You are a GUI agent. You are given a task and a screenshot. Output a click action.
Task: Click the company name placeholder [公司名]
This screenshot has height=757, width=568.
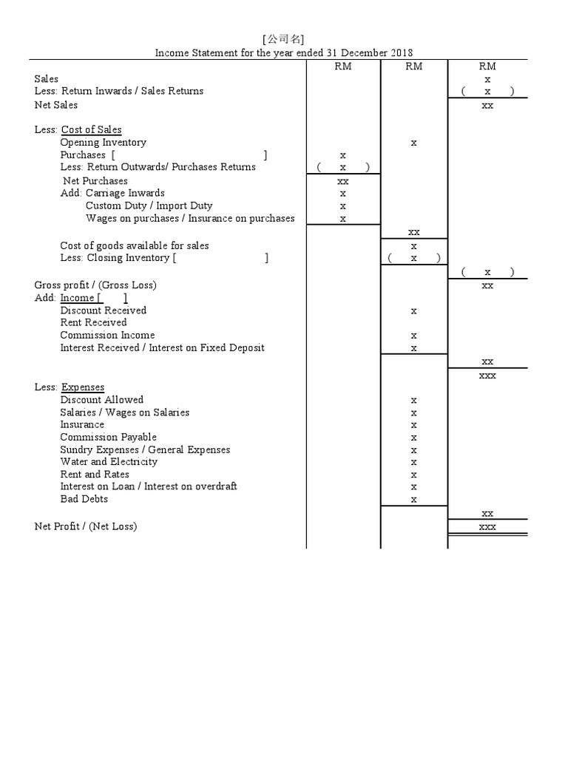[283, 39]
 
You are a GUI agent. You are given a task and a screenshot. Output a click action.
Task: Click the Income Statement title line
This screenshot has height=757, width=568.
[283, 52]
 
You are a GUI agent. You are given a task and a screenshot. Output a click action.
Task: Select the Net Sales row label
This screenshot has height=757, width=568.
[56, 105]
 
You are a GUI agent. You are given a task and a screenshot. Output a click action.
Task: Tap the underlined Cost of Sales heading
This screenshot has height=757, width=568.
[91, 129]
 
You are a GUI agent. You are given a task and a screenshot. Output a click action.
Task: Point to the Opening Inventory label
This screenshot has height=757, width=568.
[103, 142]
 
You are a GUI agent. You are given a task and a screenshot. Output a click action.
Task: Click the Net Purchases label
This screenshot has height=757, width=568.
[95, 180]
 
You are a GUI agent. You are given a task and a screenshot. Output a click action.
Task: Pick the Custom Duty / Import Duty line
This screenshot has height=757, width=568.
[149, 206]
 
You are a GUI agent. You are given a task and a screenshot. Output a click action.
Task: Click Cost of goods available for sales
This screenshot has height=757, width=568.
[135, 245]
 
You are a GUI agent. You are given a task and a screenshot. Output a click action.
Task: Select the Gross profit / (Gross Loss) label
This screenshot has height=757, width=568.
[95, 285]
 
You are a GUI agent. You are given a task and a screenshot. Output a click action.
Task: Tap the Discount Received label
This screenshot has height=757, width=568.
[103, 310]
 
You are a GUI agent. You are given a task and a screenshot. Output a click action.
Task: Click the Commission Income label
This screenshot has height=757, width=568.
[107, 335]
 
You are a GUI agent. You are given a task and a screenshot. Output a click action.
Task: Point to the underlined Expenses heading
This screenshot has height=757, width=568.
[83, 387]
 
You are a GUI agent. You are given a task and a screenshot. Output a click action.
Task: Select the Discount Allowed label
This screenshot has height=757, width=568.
[101, 400]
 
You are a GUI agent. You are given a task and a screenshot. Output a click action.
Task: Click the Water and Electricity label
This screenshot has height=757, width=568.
[109, 461]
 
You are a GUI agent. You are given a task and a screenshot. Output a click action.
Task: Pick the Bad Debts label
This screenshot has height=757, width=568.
[84, 499]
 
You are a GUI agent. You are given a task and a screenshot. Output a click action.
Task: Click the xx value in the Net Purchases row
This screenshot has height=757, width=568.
[343, 181]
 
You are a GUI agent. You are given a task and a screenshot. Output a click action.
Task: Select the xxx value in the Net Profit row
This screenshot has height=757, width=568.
[487, 527]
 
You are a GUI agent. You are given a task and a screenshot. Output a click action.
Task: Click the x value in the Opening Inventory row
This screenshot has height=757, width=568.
[413, 143]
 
